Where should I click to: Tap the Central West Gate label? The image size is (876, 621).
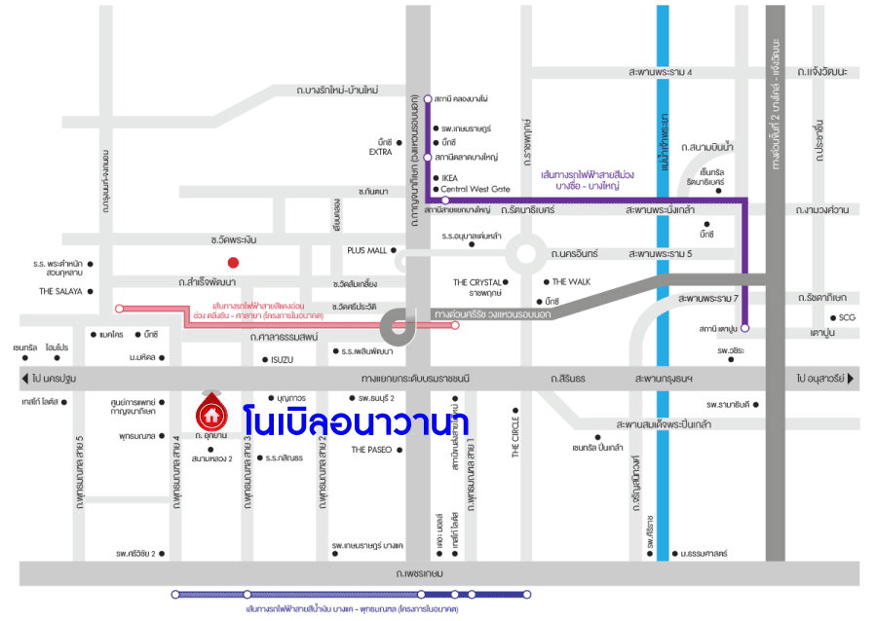tap(476, 189)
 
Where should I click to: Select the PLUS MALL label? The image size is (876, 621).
tap(367, 250)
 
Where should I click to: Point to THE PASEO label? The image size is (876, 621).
tap(371, 450)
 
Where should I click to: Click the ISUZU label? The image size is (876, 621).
tap(282, 360)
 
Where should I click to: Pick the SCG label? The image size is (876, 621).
tap(847, 317)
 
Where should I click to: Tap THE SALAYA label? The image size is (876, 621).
tap(59, 291)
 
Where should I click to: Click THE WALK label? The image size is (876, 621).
tap(572, 281)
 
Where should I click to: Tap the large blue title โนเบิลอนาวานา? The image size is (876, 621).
tap(356, 421)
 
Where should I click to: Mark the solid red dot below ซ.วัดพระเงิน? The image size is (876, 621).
tap(233, 262)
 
